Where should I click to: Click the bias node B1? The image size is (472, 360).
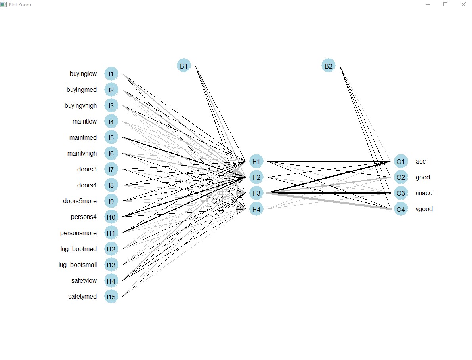(x=183, y=66)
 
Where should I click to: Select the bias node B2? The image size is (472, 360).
(x=328, y=66)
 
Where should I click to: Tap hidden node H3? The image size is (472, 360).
(x=256, y=193)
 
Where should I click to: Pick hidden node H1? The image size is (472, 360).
(x=256, y=161)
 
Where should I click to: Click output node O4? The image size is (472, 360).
(x=401, y=209)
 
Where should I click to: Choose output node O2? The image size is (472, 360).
(x=401, y=177)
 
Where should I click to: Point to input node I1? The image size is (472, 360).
(x=111, y=74)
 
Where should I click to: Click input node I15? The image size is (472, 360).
(x=111, y=296)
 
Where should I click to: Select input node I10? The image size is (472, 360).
(x=111, y=217)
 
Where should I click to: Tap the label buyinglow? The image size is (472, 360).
(x=83, y=74)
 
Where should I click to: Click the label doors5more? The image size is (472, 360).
(x=80, y=201)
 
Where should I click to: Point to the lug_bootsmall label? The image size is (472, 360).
(x=78, y=265)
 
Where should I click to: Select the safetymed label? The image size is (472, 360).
(x=82, y=296)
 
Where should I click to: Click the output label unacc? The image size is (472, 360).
(x=424, y=193)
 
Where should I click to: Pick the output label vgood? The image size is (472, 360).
(x=424, y=209)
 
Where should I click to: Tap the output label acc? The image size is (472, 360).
(x=420, y=161)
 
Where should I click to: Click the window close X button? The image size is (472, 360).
(x=463, y=4)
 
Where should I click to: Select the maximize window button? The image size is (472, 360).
(x=445, y=4)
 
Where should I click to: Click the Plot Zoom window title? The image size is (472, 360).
(x=19, y=4)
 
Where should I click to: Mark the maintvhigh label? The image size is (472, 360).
(x=82, y=153)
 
